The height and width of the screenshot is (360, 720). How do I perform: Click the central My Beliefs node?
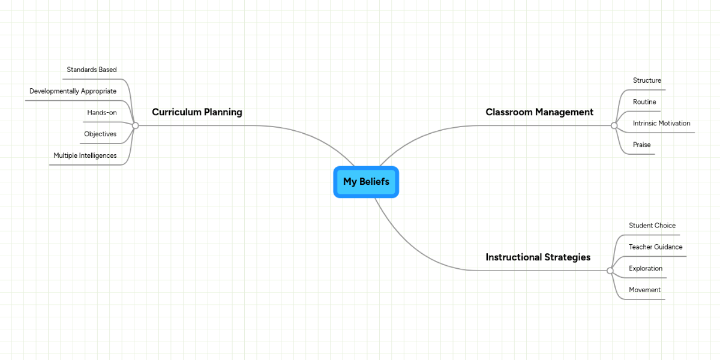click(366, 182)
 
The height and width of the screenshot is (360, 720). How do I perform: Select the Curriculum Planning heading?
click(197, 112)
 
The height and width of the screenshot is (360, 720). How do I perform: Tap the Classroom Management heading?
click(539, 112)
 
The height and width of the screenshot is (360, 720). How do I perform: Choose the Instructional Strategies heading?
click(538, 257)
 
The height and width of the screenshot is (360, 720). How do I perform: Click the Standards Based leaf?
click(92, 70)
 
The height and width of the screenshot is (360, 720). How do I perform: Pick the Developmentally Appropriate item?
click(73, 91)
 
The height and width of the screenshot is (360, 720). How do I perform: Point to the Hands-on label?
click(102, 113)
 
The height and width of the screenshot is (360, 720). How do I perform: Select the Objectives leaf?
click(100, 134)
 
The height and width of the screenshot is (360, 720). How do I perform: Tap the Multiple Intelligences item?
click(85, 155)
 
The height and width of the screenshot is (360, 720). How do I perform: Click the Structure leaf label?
click(647, 80)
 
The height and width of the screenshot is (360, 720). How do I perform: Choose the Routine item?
click(644, 102)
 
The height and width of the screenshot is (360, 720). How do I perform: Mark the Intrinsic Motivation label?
click(661, 124)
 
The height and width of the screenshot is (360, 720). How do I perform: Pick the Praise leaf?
click(641, 145)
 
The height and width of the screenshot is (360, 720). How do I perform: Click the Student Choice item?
click(652, 226)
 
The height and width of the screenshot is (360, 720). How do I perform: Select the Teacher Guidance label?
click(655, 247)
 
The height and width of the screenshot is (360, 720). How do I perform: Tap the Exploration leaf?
click(646, 269)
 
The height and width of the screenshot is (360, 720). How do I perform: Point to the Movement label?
click(644, 290)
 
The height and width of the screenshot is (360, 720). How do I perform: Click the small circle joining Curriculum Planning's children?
click(136, 125)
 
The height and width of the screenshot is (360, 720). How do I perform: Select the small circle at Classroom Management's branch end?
click(614, 125)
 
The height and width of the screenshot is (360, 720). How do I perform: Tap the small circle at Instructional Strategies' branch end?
click(610, 271)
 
